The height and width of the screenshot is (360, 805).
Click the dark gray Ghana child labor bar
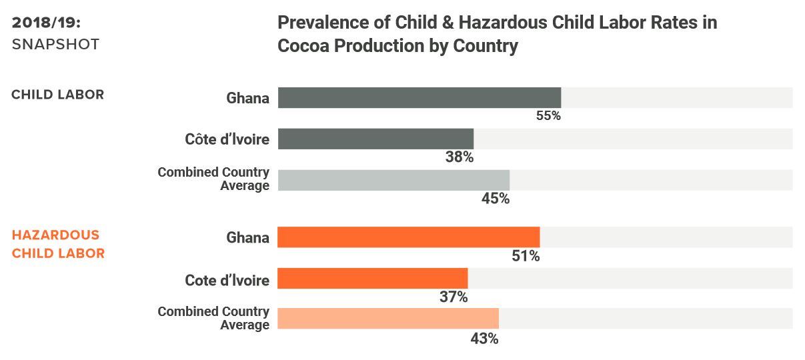[419, 97]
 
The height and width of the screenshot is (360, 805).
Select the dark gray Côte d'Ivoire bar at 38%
[375, 139]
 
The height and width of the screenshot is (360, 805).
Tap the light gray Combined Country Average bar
[393, 181]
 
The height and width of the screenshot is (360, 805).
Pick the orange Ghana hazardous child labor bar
[408, 237]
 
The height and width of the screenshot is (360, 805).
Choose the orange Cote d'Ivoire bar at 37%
[372, 279]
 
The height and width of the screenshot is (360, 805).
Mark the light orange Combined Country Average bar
[387, 319]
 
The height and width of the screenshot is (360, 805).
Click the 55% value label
[548, 115]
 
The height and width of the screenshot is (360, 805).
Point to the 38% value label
[460, 157]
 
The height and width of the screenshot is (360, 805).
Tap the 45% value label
[496, 199]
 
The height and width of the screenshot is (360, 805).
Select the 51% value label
[526, 255]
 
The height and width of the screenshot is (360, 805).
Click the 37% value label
[454, 297]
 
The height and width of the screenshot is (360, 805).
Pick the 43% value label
[484, 338]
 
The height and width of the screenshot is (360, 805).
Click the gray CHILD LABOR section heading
[58, 95]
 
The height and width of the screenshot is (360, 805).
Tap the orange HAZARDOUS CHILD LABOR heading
[58, 244]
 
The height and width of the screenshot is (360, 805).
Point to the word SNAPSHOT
[55, 45]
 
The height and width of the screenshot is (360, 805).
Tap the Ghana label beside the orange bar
[247, 238]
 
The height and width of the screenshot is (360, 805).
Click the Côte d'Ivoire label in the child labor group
[227, 139]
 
